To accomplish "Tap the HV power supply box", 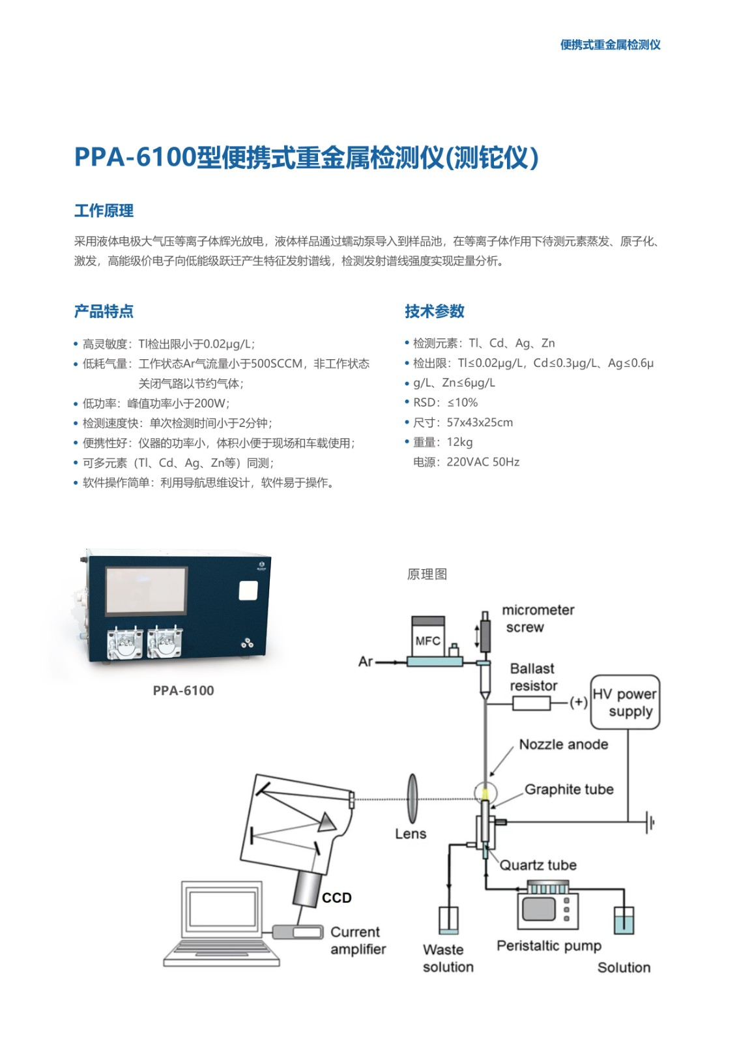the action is coord(626,702).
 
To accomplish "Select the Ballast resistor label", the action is coord(533,677).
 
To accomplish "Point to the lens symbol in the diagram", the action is coord(412,799).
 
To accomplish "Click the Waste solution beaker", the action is coord(448,920).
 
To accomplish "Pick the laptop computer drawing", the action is coord(222,924).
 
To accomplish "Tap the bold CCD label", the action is coord(337,897).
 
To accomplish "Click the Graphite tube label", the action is coord(569,789).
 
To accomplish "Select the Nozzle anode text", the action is coord(564,744).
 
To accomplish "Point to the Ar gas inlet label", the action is coord(366,661).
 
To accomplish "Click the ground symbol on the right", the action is coord(650,822).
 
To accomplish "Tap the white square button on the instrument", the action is coord(248,591).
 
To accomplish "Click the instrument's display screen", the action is coord(146,591).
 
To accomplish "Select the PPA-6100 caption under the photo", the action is coord(183,690).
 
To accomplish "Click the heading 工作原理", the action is coord(104,211).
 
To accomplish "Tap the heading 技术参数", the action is coord(435,311).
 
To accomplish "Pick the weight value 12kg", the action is coord(459,442).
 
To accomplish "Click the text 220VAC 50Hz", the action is coord(483,462).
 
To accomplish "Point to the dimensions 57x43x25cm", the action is coord(480,422).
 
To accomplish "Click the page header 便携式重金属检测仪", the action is coord(611,45).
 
